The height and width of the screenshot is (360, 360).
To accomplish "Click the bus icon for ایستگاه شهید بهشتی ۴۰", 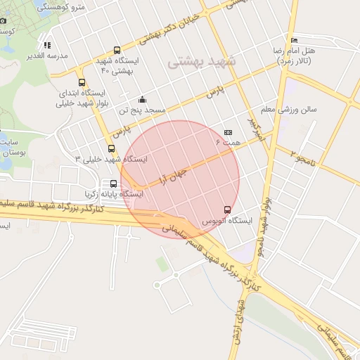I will click(x=117, y=50).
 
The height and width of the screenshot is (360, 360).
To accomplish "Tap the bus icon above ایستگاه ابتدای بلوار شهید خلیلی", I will click(x=82, y=82).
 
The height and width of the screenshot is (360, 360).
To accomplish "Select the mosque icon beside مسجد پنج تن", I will click(x=142, y=99).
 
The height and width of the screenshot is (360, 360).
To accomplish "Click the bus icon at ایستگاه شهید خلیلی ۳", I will click(x=111, y=148).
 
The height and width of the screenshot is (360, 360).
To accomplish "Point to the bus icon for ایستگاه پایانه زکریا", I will click(x=114, y=183).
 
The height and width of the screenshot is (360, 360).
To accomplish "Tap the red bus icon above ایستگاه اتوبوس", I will click(x=226, y=209).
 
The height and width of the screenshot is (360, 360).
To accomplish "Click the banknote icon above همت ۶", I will click(x=228, y=132).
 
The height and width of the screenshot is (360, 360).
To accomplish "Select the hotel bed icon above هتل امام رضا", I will click(x=294, y=40).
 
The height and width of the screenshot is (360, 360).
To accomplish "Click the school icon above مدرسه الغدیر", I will click(x=47, y=46).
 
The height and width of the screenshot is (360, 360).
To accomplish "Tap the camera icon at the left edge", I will click(x=4, y=20).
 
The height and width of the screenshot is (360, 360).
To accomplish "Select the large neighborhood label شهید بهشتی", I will click(x=204, y=63).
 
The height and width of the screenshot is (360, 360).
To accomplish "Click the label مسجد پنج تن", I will click(x=141, y=110).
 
